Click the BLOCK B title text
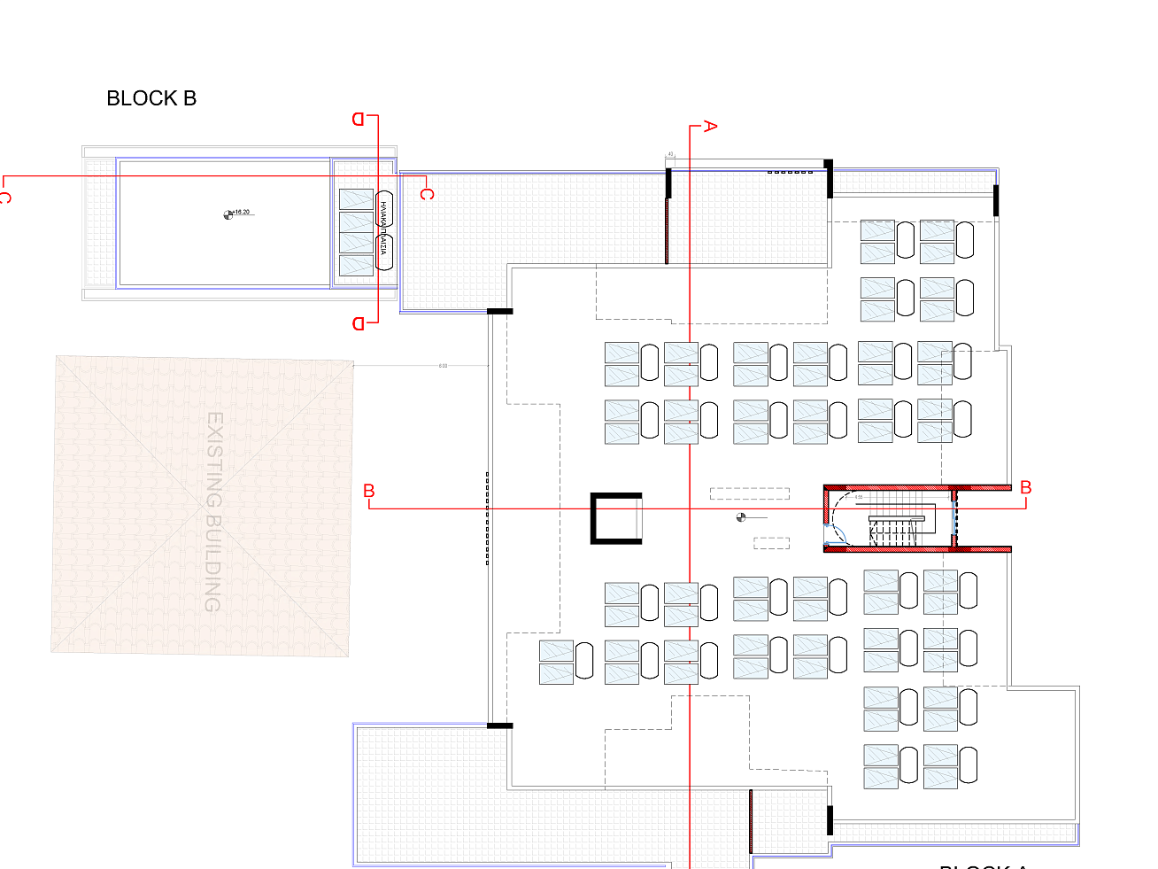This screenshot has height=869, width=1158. pos(151,98)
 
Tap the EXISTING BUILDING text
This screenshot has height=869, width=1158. pos(213,511)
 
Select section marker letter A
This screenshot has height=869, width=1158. pos(709,126)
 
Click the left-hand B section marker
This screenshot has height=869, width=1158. pos(369,490)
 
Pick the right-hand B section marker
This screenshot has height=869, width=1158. pos(1026,487)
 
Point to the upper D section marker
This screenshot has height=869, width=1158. pos(359,119)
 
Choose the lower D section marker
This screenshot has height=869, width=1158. pos(359,323)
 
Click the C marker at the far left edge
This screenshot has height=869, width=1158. pos(4,197)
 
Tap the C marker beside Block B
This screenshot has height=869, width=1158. pos(427,193)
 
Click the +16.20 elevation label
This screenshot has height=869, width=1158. pos(240,213)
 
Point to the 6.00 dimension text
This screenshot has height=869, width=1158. pos(443,366)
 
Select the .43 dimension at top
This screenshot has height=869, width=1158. pos(670,154)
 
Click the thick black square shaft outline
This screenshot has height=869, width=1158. pos(615,518)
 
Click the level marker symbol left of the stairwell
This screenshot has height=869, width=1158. pos(741,517)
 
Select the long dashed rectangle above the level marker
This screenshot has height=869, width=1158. pos(749,493)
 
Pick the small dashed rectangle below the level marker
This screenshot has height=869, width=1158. pos(771,543)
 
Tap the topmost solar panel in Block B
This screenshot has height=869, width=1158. pos(356,198)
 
